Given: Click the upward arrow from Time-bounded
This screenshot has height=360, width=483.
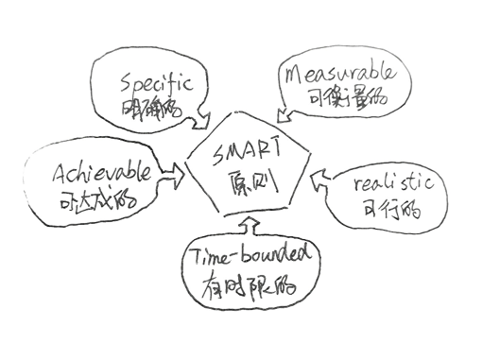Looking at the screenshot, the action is pos(249,224).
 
